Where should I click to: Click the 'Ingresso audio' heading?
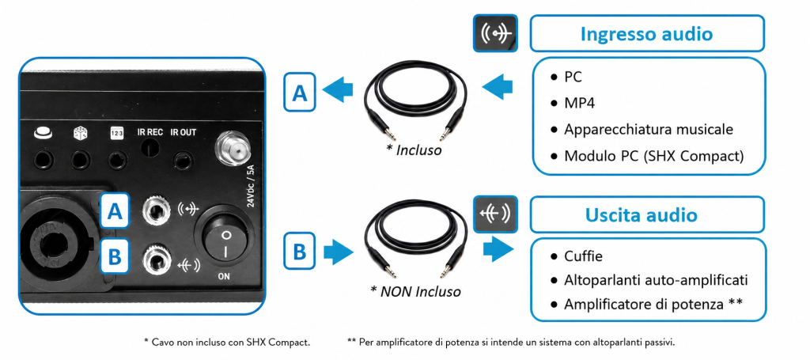646,33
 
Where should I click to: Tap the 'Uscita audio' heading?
641,214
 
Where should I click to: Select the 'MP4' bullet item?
579,103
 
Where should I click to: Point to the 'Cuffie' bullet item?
583,256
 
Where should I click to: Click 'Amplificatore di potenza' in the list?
644,304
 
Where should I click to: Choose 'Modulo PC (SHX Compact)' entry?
654,155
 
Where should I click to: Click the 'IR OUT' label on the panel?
184,132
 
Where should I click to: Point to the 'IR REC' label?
150,132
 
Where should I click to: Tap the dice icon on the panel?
81,133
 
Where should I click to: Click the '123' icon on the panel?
116,133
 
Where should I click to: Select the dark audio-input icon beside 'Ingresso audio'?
495,33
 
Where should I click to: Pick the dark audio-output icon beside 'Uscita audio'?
495,214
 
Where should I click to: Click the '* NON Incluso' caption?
415,291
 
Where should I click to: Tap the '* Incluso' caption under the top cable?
414,150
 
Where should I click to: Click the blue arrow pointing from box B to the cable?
339,252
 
